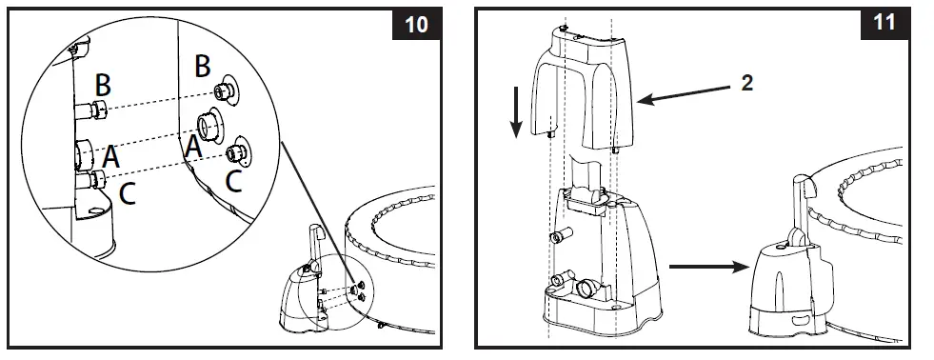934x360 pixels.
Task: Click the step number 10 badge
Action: (x=416, y=24)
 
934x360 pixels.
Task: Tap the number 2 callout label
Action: (x=747, y=83)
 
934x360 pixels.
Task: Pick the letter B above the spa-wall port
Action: (x=202, y=66)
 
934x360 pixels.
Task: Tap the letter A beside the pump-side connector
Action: (x=111, y=155)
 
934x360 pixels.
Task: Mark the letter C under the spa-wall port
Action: (x=234, y=180)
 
